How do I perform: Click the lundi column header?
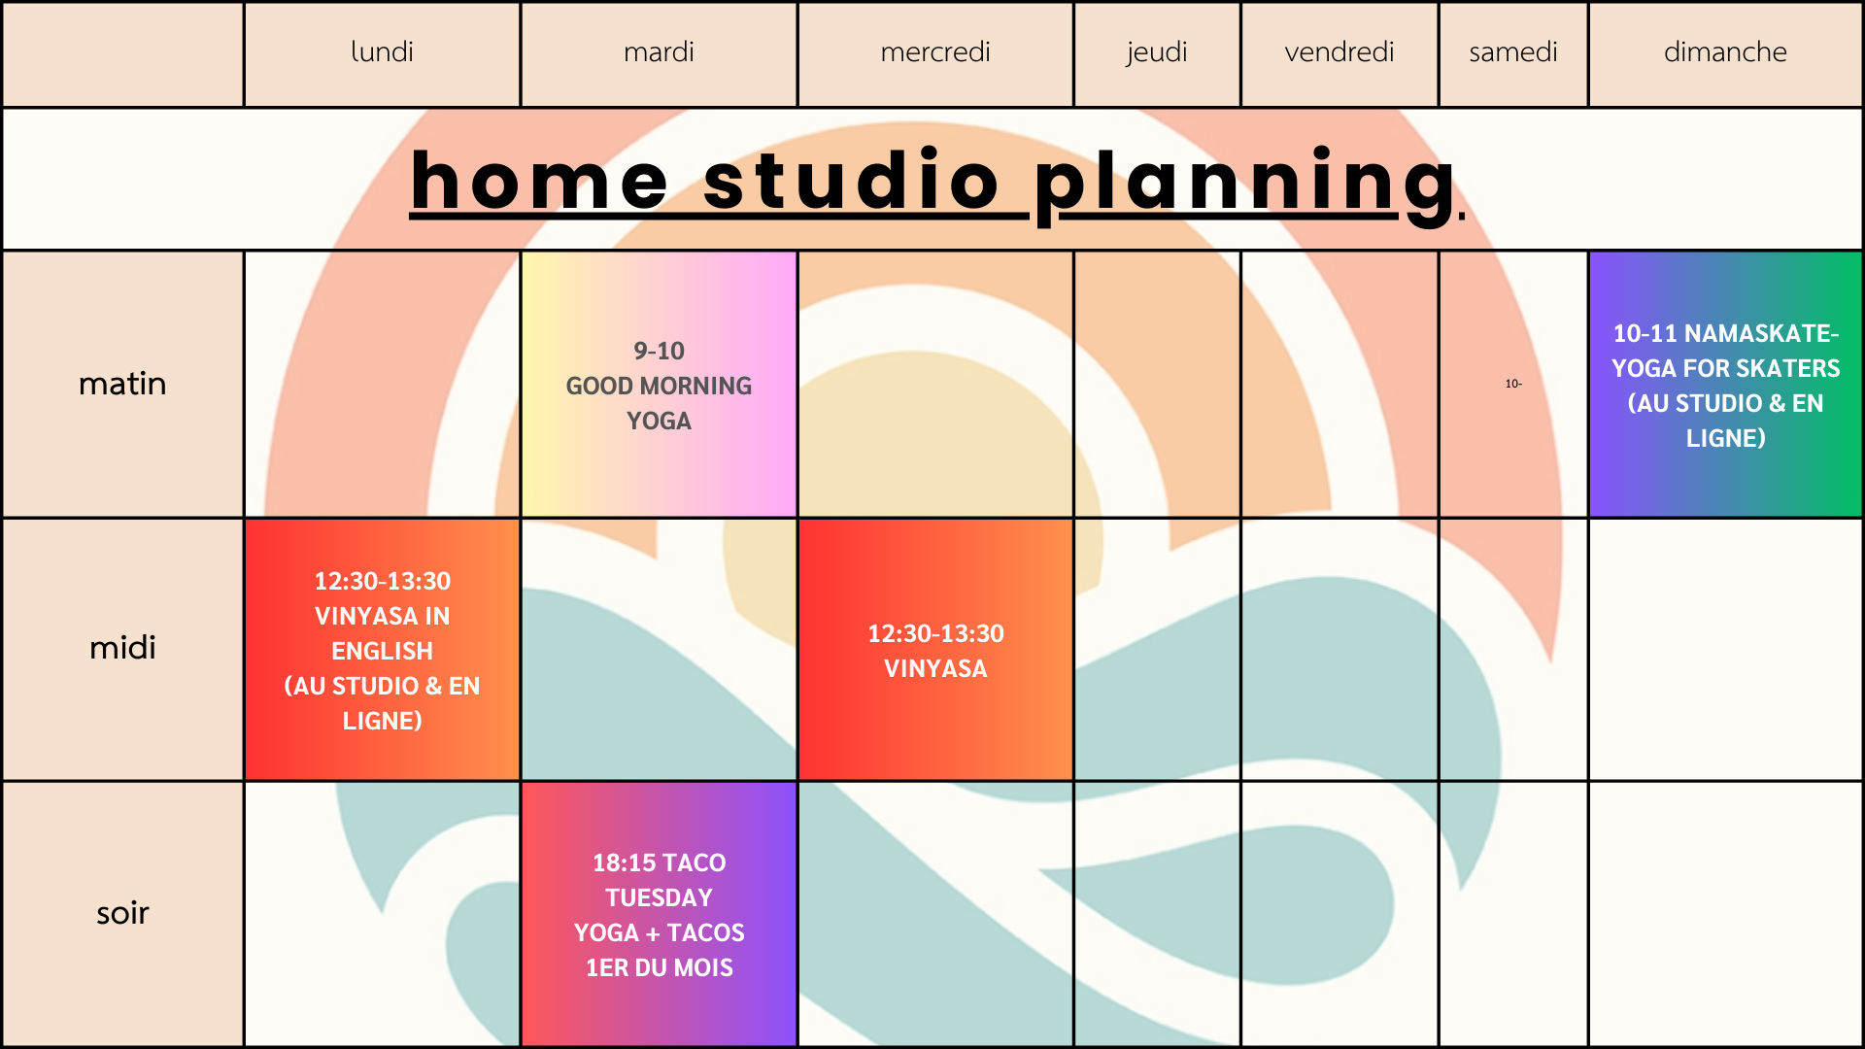pyautogui.click(x=382, y=52)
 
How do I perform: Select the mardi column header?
pyautogui.click(x=659, y=52)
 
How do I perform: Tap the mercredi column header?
pyautogui.click(x=935, y=52)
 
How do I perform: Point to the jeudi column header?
pyautogui.click(x=1157, y=52)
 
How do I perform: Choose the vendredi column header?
pyautogui.click(x=1339, y=52)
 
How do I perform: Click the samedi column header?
pyautogui.click(x=1513, y=52)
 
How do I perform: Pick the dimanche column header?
pyautogui.click(x=1725, y=52)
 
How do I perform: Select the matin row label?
pyautogui.click(x=122, y=385)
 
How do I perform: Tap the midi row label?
pyautogui.click(x=122, y=648)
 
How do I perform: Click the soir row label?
pyautogui.click(x=122, y=913)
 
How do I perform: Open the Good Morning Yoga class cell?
pyautogui.click(x=659, y=386)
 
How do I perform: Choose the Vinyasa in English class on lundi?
pyautogui.click(x=382, y=650)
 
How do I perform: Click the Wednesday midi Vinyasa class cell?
pyautogui.click(x=935, y=650)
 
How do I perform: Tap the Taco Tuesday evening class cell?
pyautogui.click(x=659, y=914)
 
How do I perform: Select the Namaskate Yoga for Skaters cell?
pyautogui.click(x=1725, y=385)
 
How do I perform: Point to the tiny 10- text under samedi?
pyautogui.click(x=1513, y=384)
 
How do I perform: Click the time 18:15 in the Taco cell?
pyautogui.click(x=625, y=863)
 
